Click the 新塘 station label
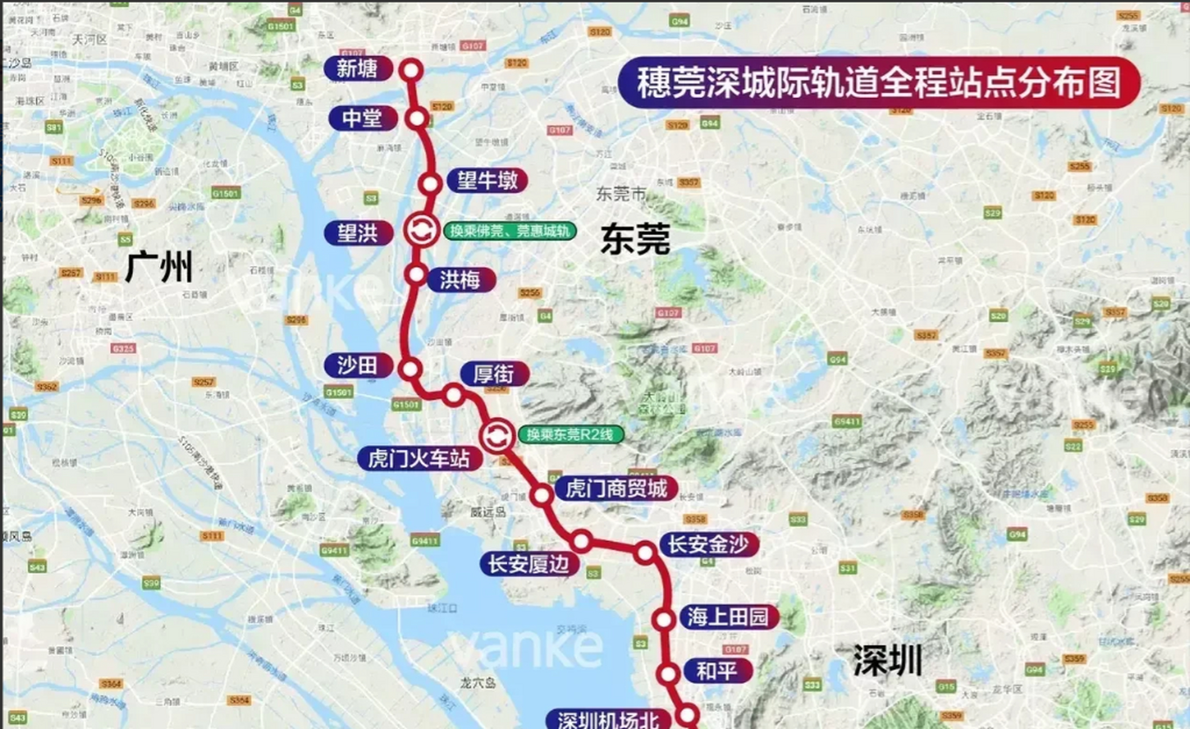(x=357, y=69)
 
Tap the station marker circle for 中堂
(x=417, y=118)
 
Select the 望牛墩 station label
(x=487, y=181)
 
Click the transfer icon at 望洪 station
(x=422, y=230)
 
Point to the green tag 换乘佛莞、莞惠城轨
(x=510, y=231)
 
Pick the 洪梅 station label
(x=459, y=280)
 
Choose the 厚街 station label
(x=494, y=374)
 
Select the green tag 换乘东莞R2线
(x=570, y=435)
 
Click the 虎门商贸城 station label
(x=617, y=489)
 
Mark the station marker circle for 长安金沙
(x=645, y=552)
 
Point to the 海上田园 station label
(x=728, y=617)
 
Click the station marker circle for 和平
(x=668, y=674)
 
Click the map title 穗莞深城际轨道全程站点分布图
(x=878, y=83)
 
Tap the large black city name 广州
(x=158, y=267)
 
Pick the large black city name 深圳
(x=887, y=661)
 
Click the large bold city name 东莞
(x=635, y=239)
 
